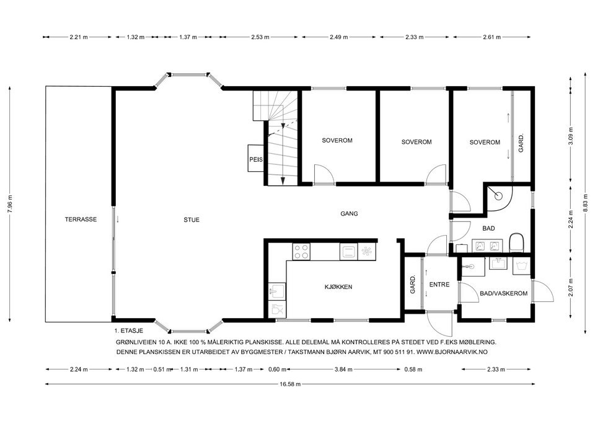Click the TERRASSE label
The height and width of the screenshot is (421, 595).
point(81,219)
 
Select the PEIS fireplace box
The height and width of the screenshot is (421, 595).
point(256,159)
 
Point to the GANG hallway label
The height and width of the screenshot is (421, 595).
point(349,213)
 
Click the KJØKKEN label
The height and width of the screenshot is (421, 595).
point(338,287)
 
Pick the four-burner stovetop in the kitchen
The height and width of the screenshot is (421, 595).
point(301,251)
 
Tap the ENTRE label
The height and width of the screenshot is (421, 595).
point(439,285)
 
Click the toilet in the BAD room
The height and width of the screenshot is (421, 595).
point(517,242)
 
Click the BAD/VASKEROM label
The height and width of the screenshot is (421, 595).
point(503,294)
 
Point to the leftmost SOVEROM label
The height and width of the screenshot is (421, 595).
point(337,141)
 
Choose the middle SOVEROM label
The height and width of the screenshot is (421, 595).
point(416,142)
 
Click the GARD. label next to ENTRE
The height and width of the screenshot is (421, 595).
point(412,285)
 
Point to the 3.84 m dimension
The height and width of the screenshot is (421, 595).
point(342,370)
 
